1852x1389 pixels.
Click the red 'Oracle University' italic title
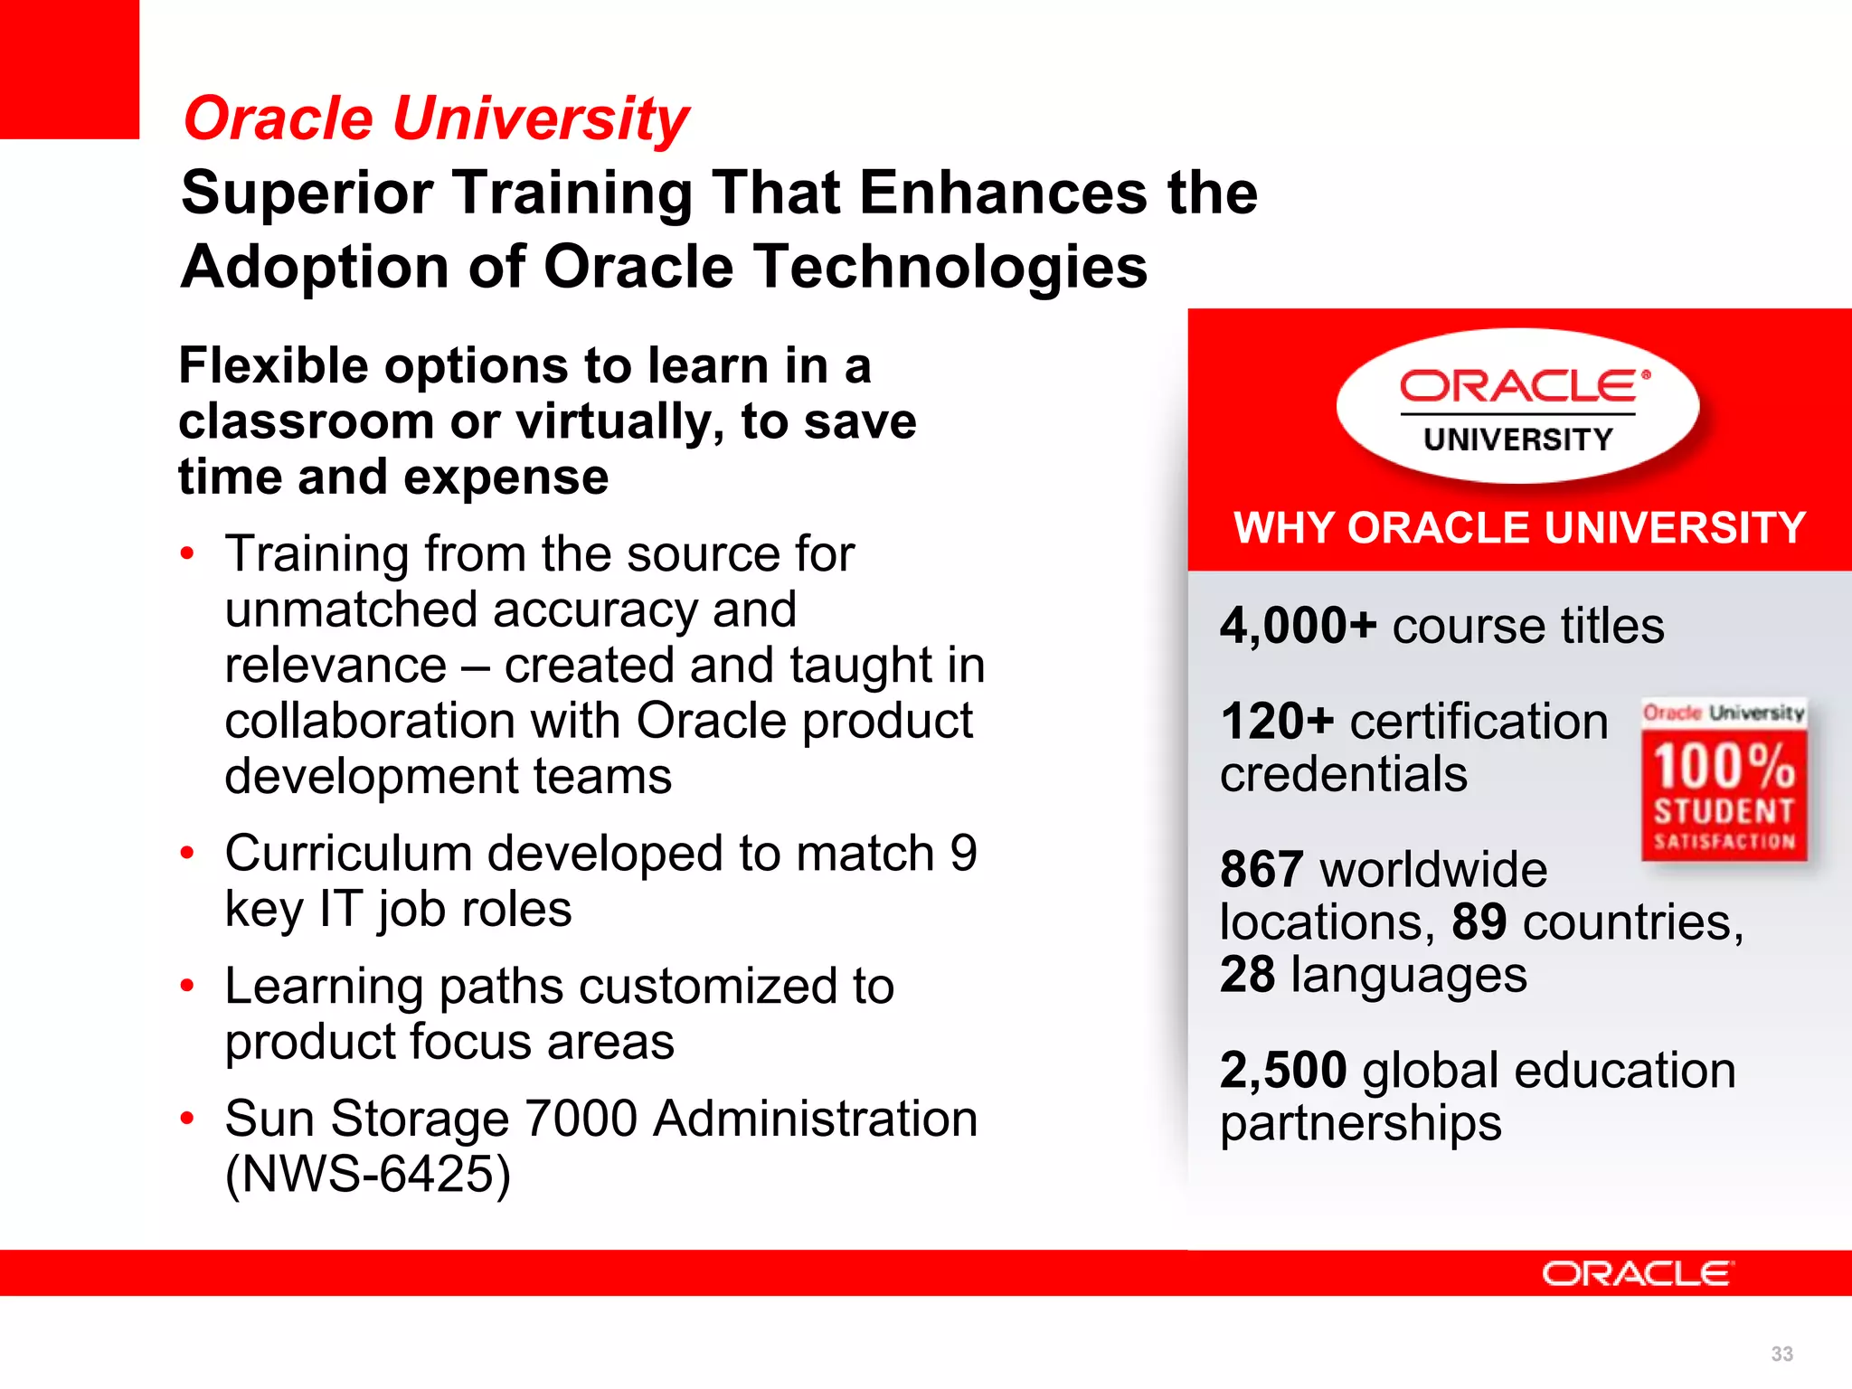click(x=436, y=119)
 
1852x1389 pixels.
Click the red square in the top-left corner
click(x=69, y=69)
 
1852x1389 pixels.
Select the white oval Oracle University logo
click(x=1517, y=407)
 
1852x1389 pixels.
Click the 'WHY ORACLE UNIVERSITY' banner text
click(x=1519, y=528)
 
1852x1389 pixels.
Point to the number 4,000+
click(x=1298, y=626)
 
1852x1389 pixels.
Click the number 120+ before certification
click(x=1277, y=722)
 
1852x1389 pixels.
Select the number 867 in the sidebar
click(x=1261, y=870)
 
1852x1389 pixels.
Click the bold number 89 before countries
click(x=1479, y=922)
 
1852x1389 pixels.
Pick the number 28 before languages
click(x=1247, y=975)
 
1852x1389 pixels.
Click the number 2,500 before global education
click(x=1283, y=1071)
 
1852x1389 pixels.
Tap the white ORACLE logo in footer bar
click(x=1637, y=1273)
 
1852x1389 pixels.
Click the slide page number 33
click(x=1781, y=1354)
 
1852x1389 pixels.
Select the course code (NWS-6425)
click(x=368, y=1174)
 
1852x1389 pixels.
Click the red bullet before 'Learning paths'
click(x=187, y=986)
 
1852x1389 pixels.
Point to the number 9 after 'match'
click(x=963, y=854)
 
